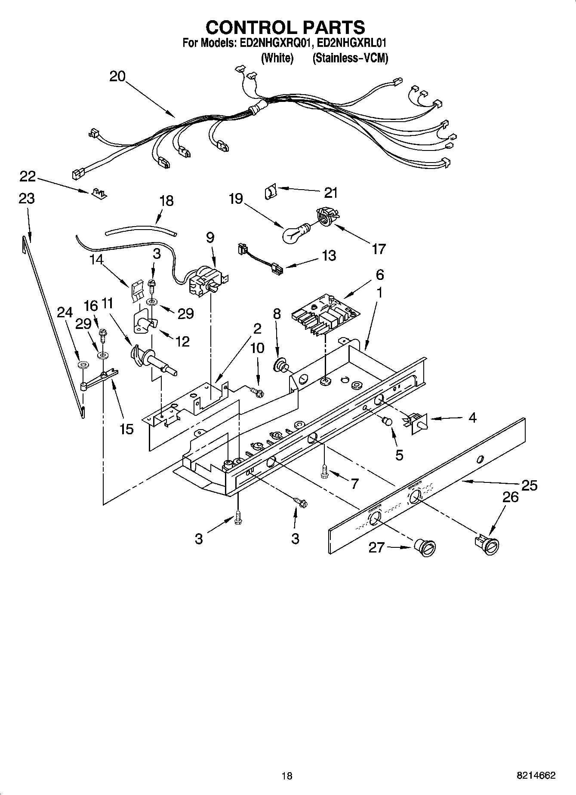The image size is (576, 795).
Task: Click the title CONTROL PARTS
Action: coord(286,27)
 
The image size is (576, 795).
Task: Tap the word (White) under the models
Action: coord(277,58)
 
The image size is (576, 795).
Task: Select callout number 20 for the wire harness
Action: coord(117,77)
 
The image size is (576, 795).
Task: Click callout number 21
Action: coord(330,193)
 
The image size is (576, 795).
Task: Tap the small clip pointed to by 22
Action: coord(100,193)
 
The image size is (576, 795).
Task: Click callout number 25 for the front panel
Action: coord(529,485)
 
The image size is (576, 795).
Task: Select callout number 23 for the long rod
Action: coord(27,199)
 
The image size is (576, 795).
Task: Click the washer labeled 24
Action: coord(82,365)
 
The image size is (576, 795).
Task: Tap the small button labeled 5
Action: coord(388,420)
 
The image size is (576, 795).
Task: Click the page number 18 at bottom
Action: coord(286,776)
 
